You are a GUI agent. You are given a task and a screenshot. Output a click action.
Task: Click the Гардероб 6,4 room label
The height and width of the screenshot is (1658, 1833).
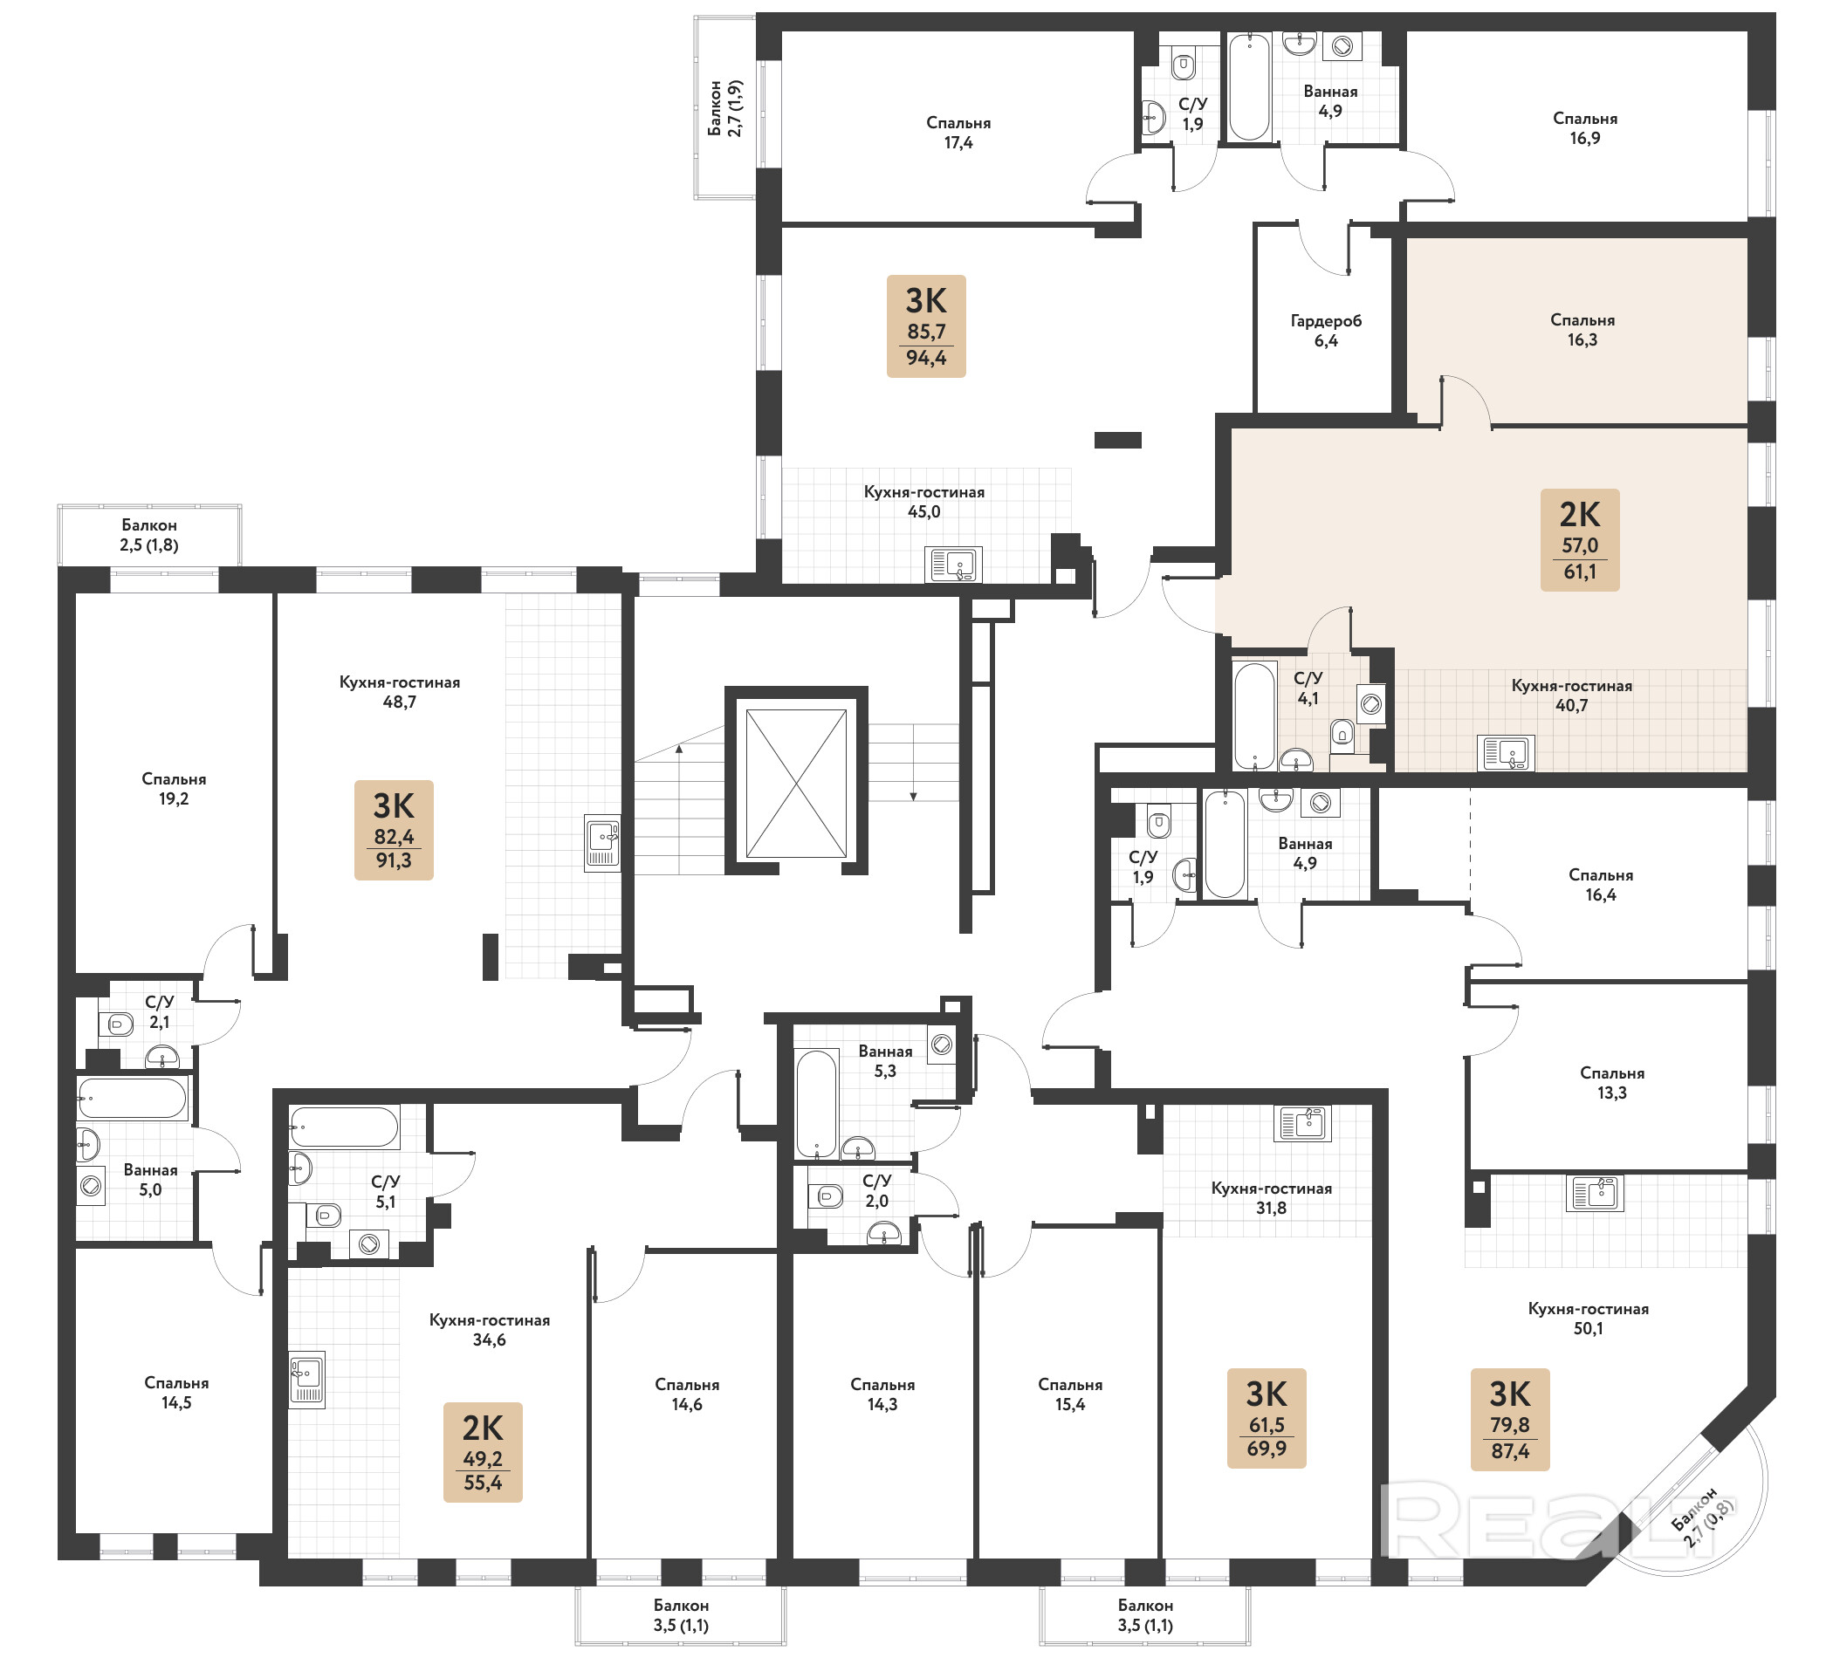[1326, 331]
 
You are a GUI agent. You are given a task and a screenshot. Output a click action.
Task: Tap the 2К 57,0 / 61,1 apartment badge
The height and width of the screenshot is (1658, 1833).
[1579, 540]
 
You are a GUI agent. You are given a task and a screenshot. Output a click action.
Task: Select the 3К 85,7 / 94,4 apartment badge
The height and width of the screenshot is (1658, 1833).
[925, 326]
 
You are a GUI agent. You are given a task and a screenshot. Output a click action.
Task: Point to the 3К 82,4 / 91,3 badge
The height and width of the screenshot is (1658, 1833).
[394, 830]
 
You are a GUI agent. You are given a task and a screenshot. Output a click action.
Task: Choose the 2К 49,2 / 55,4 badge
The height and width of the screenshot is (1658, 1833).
[483, 1452]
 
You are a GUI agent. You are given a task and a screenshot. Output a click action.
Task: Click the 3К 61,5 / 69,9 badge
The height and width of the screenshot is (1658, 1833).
[1267, 1418]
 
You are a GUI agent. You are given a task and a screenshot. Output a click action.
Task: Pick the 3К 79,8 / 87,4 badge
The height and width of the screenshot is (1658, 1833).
[1510, 1420]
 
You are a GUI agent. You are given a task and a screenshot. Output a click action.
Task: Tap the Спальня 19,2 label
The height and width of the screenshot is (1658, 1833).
[174, 789]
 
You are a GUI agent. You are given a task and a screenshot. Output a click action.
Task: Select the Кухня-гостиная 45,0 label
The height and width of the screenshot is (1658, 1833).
[923, 502]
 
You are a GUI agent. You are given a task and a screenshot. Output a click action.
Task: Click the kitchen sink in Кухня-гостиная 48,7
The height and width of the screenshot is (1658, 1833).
[602, 843]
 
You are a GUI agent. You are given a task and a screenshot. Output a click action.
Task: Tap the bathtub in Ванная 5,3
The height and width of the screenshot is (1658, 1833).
[816, 1104]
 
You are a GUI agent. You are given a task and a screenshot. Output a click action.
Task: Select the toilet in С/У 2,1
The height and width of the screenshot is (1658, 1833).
[116, 1024]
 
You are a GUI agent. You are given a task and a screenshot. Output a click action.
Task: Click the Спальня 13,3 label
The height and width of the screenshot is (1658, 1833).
[1612, 1083]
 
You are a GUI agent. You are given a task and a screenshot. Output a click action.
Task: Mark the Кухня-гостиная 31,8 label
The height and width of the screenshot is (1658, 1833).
[1271, 1198]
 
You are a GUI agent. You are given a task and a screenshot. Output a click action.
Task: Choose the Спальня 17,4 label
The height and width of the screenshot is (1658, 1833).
[958, 133]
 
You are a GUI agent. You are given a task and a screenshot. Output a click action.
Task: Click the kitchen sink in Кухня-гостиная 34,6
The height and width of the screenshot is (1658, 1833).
[307, 1381]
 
